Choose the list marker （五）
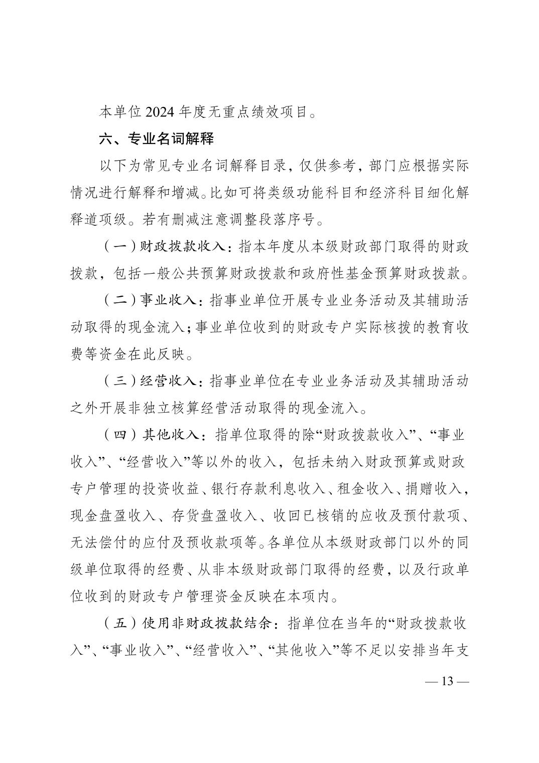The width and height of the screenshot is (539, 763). [120, 624]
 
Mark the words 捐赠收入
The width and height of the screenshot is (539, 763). [435, 489]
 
